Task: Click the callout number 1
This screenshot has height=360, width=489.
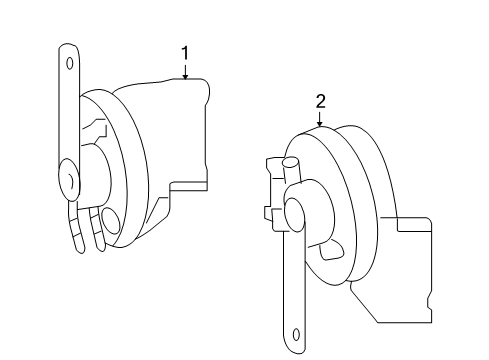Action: tap(185, 52)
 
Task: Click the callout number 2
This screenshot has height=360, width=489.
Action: tap(320, 100)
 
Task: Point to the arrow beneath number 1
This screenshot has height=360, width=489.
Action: tap(185, 70)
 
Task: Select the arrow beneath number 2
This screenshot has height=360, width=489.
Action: tap(320, 118)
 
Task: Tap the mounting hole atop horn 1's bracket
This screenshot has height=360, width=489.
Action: tap(69, 62)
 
